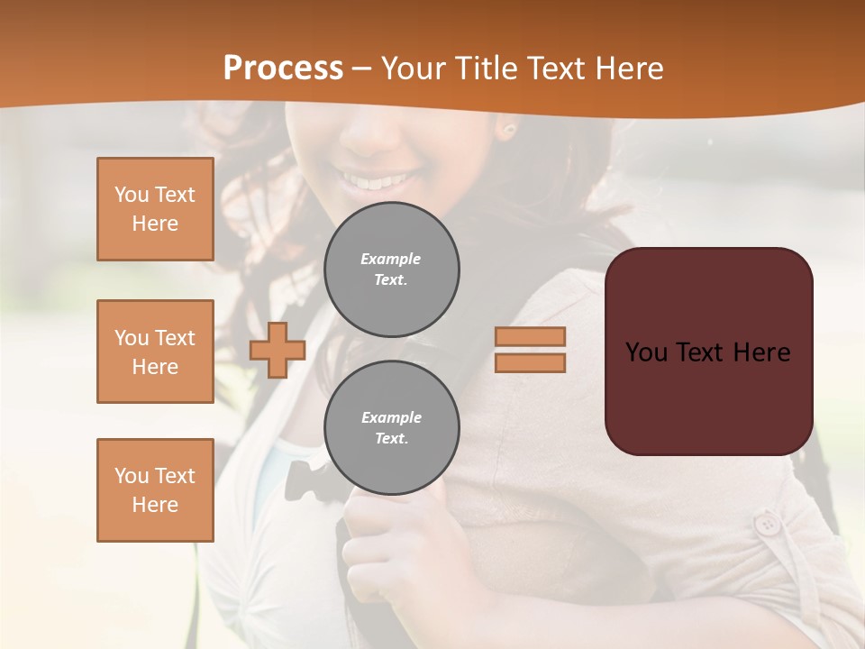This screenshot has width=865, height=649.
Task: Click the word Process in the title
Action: click(283, 69)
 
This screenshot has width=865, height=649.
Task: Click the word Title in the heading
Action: click(486, 69)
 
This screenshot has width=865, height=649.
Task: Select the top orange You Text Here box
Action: click(155, 209)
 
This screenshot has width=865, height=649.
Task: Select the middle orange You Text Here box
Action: click(155, 352)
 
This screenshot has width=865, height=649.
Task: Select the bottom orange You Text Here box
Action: click(155, 489)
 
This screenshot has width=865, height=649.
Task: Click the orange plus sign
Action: click(278, 351)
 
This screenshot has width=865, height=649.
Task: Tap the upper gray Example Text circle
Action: click(392, 270)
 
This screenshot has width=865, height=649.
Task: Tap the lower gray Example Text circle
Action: click(392, 428)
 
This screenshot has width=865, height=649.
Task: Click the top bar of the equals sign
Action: click(530, 336)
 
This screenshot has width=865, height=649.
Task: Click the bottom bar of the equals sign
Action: click(530, 363)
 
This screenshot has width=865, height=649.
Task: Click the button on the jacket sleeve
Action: click(768, 524)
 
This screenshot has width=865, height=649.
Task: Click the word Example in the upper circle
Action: click(391, 259)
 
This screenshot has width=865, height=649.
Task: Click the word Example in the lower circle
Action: click(391, 417)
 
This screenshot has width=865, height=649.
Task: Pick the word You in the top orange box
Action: click(131, 195)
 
